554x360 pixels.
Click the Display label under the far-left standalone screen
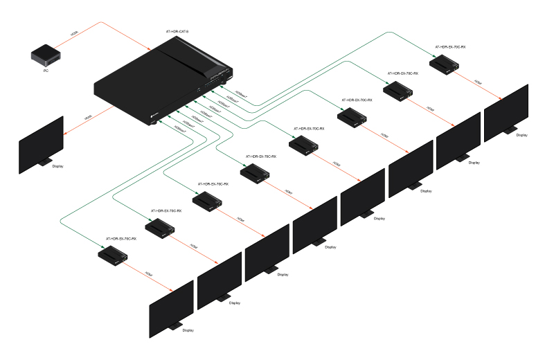point(59,166)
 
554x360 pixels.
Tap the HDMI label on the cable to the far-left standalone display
point(88,118)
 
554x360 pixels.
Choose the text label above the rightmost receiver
point(450,48)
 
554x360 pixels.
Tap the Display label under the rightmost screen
point(521,135)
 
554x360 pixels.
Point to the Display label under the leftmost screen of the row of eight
point(188,330)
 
